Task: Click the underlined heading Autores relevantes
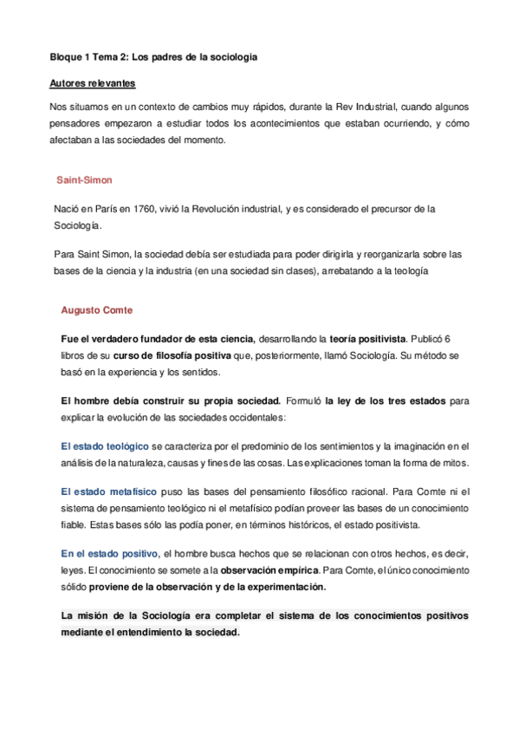(91, 85)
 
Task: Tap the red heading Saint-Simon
(84, 180)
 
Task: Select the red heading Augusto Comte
(97, 309)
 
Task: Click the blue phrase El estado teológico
(99, 446)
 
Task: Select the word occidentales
(256, 417)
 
